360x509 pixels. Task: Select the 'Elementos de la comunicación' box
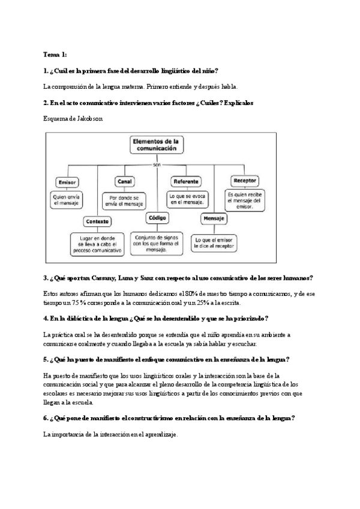(x=156, y=146)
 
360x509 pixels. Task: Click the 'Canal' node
(x=125, y=181)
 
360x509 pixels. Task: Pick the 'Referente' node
(x=187, y=181)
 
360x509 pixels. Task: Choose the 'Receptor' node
(x=244, y=179)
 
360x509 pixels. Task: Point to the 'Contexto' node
(x=97, y=221)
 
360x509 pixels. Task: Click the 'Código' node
(x=157, y=218)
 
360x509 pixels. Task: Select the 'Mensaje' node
(x=214, y=218)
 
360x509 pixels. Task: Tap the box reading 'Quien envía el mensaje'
(x=67, y=200)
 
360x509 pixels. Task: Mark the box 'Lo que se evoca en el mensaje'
(x=187, y=199)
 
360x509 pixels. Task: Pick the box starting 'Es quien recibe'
(x=244, y=201)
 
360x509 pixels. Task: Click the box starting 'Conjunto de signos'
(x=157, y=242)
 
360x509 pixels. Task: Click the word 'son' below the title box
(x=156, y=164)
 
